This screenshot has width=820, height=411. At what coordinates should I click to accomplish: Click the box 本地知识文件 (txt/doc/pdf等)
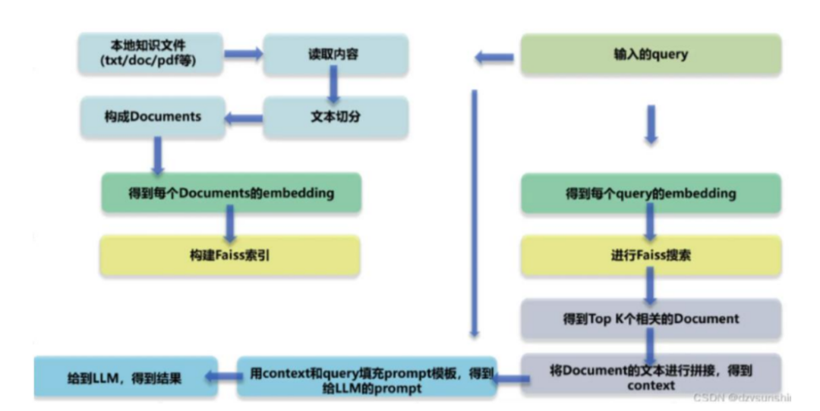pos(150,53)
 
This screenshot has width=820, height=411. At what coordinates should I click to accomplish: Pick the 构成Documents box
pos(152,117)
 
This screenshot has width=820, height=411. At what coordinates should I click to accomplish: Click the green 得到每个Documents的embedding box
pos(231,193)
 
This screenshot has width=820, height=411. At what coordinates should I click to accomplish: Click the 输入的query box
pos(651,55)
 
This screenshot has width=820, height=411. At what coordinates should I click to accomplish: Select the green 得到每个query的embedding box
pos(651,193)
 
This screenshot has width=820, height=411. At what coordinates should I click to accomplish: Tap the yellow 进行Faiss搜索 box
pos(651,256)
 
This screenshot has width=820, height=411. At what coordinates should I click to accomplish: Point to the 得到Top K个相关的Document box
pos(651,318)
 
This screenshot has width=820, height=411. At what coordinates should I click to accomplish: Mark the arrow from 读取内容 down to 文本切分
pos(332,85)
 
